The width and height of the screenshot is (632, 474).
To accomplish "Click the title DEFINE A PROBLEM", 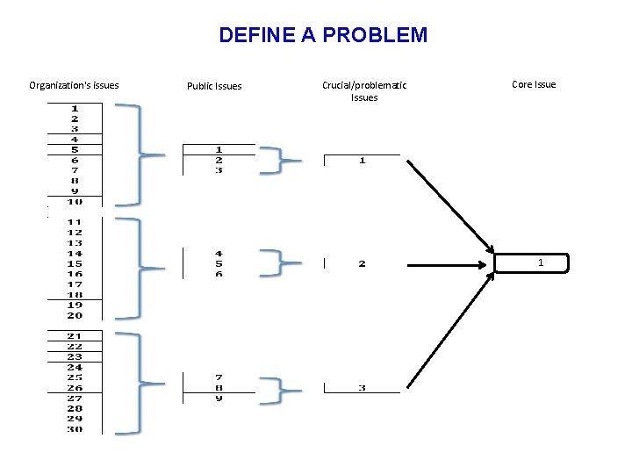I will (323, 35).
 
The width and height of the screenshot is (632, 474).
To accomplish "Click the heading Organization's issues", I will (74, 85).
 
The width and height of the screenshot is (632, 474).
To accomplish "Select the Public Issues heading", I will (214, 86).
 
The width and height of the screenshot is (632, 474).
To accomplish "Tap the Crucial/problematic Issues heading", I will (364, 91).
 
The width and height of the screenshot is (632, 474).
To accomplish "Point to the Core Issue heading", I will (534, 84).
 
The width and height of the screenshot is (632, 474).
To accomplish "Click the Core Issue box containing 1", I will (532, 263).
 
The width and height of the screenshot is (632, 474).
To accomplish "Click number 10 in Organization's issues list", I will (75, 202).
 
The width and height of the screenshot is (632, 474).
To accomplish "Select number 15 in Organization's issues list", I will (75, 263).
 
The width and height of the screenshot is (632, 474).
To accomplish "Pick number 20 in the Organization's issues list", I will (75, 315).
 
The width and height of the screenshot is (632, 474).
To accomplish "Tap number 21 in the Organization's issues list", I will (75, 336).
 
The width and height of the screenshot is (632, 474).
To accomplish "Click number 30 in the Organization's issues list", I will (75, 428).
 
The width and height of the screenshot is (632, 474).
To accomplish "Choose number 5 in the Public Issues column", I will (219, 263).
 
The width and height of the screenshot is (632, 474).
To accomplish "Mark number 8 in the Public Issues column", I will (219, 387).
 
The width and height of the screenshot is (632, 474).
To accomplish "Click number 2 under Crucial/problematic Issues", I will (362, 263).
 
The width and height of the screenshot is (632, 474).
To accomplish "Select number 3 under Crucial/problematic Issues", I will (362, 388).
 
